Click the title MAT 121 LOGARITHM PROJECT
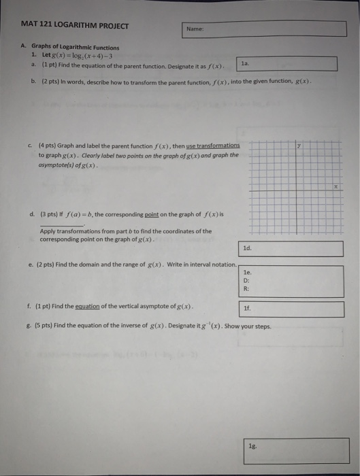(75, 27)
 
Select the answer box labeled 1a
(287, 63)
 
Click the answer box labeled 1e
(291, 280)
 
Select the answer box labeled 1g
(299, 450)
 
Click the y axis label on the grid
(299, 146)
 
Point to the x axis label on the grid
(336, 186)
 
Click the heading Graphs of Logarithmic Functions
(75, 48)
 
